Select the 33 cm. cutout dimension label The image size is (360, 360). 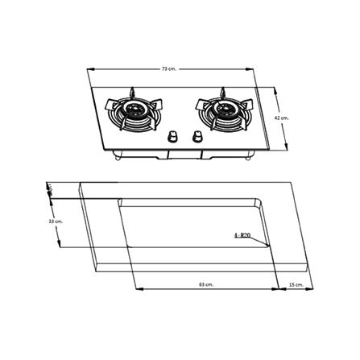[x=55, y=220]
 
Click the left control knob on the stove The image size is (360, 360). [x=172, y=137]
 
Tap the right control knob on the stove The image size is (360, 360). [x=195, y=137]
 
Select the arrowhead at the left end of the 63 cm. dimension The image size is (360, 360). [x=136, y=289]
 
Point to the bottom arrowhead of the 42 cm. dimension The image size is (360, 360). [x=291, y=147]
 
